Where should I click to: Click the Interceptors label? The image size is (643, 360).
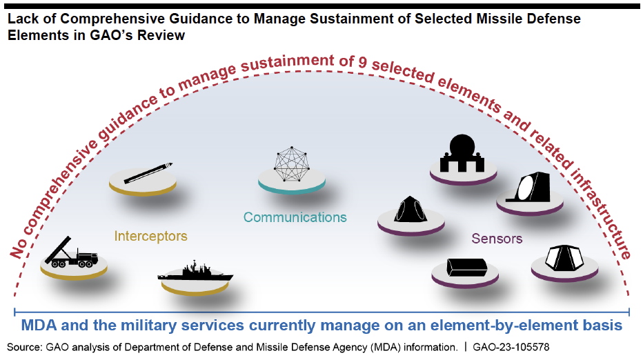pos(150,236)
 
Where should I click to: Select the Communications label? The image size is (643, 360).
pos(295,217)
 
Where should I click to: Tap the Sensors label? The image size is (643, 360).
pos(497,239)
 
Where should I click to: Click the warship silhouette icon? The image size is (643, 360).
pos(195,273)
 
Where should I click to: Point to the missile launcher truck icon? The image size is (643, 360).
pos(71,254)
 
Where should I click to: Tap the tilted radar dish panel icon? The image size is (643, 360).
pos(532,186)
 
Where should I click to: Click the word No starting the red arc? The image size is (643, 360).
pos(19,246)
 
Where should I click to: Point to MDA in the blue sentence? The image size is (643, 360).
pos(39,325)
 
